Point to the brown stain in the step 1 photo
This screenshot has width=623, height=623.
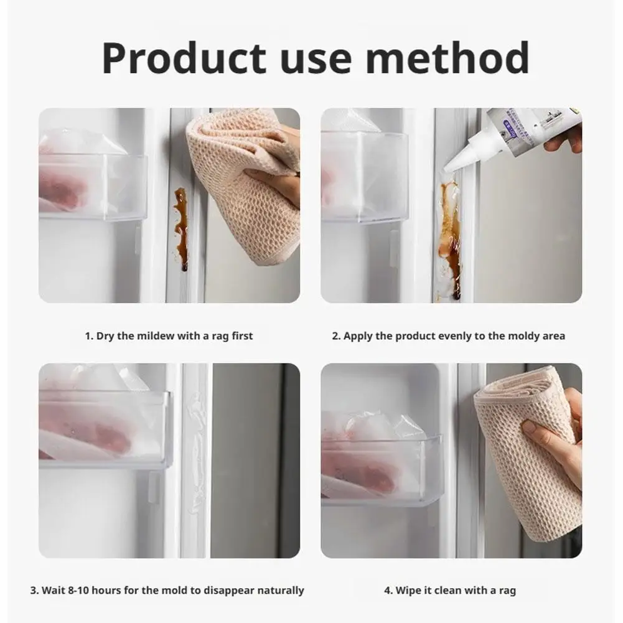click(x=181, y=227)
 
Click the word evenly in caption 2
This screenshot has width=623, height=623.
click(x=456, y=336)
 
